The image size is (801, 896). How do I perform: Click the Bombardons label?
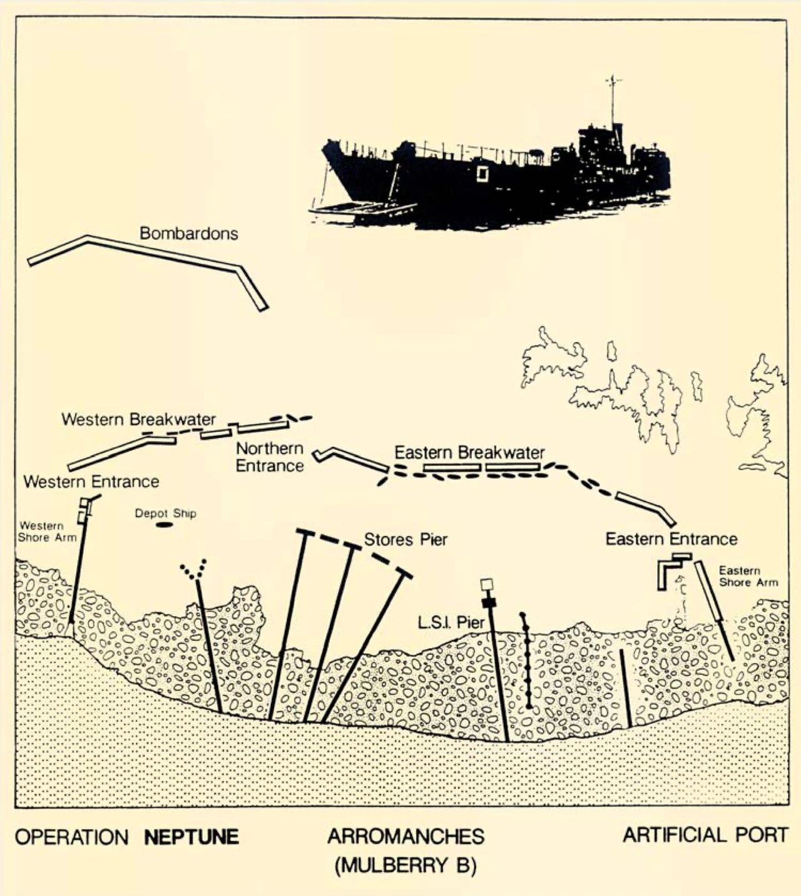pyautogui.click(x=189, y=233)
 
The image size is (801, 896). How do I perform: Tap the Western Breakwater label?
pyautogui.click(x=139, y=419)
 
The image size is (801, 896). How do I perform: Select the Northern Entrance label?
pyautogui.click(x=270, y=457)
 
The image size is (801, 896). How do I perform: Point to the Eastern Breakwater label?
pyautogui.click(x=469, y=453)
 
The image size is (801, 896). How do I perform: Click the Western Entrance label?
pyautogui.click(x=91, y=481)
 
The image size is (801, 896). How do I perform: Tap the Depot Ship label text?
pyautogui.click(x=166, y=513)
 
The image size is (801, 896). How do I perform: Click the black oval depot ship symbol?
pyautogui.click(x=164, y=525)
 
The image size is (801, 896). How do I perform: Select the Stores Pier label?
pyautogui.click(x=406, y=540)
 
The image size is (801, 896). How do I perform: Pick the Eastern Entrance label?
pyautogui.click(x=671, y=539)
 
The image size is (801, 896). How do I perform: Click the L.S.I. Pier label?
pyautogui.click(x=451, y=622)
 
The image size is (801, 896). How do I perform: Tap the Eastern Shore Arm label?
pyautogui.click(x=748, y=576)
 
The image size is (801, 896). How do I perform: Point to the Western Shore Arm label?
pyautogui.click(x=47, y=532)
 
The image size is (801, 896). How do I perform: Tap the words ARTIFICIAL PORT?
pyautogui.click(x=705, y=835)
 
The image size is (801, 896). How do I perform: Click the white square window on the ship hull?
pyautogui.click(x=482, y=174)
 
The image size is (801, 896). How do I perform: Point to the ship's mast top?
pyautogui.click(x=612, y=77)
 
